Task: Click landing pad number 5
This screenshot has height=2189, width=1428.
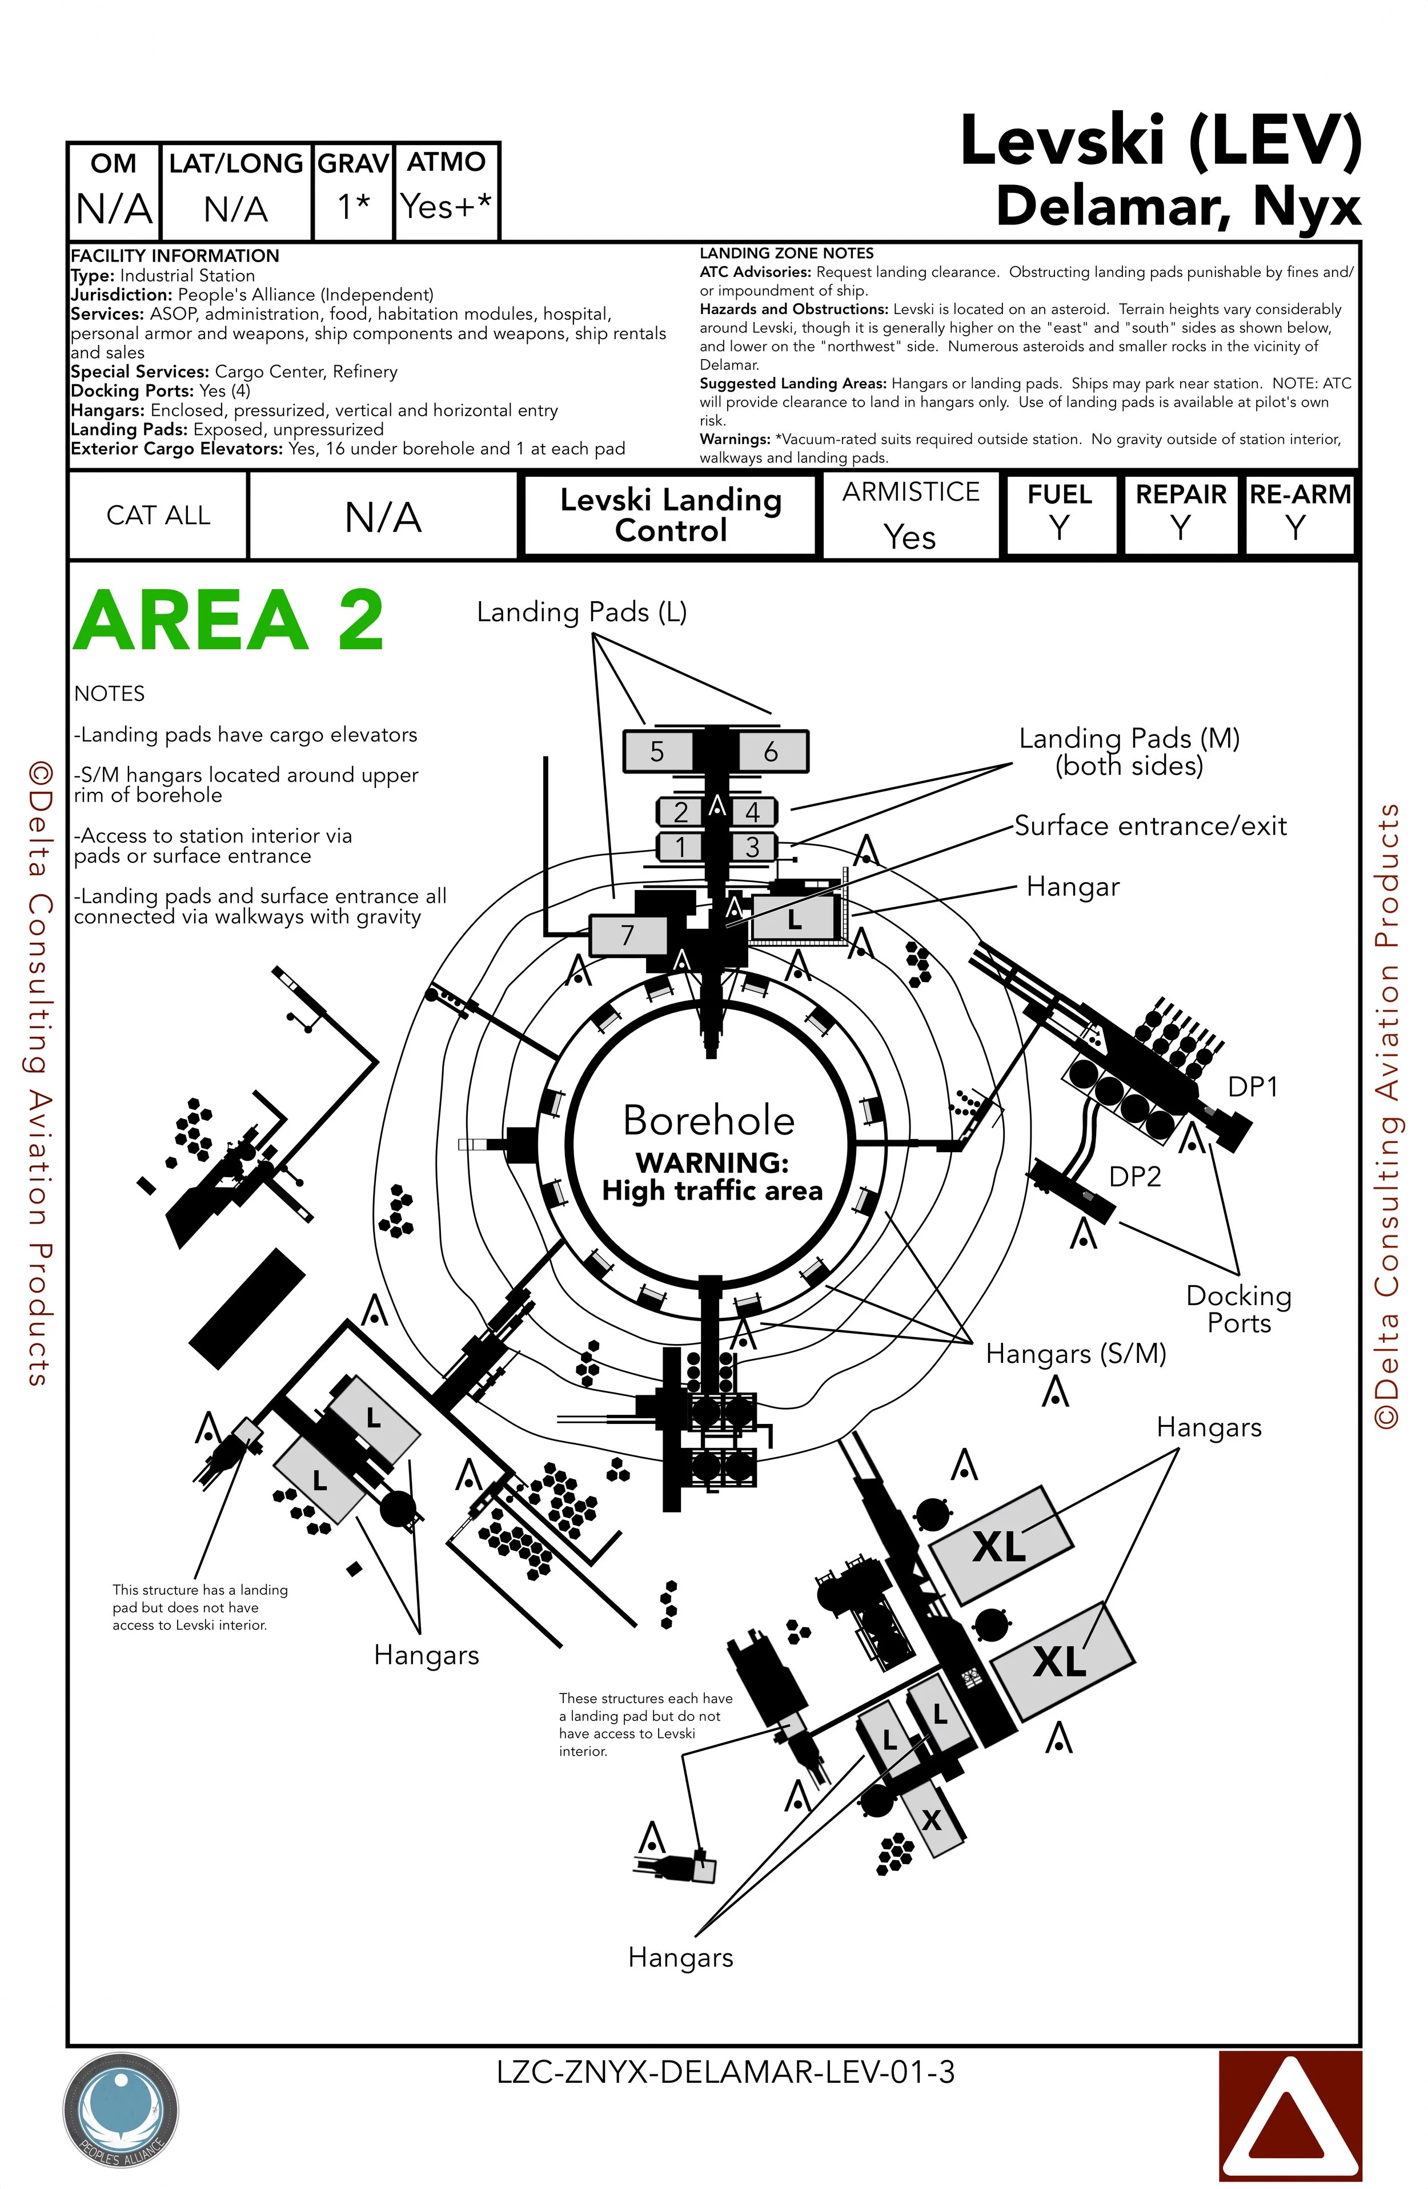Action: [657, 751]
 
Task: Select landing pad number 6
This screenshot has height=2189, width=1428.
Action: [771, 751]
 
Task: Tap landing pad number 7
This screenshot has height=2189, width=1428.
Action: [628, 935]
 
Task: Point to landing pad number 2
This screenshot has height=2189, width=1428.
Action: [681, 811]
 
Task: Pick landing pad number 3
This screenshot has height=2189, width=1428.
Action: [753, 846]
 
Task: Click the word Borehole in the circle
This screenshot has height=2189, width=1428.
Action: [708, 1120]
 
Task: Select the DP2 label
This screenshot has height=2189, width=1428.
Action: [1134, 1176]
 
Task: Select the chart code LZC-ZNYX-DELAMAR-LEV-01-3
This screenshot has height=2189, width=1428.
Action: [725, 2072]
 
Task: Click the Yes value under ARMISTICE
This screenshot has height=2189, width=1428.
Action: [910, 536]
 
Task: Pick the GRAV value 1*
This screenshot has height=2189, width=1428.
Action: [354, 207]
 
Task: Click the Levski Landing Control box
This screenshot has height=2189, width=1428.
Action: [671, 515]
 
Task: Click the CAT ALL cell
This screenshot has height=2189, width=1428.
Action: [158, 515]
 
